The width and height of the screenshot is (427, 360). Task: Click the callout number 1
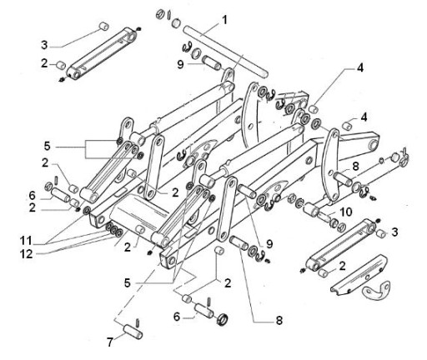pos(224,20)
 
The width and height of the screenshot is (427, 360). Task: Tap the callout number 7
pos(110,342)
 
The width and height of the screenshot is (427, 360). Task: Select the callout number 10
pos(346,212)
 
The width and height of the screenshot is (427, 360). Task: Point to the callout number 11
pos(26,241)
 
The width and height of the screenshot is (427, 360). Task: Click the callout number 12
pos(27,254)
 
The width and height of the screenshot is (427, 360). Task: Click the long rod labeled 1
pos(225,52)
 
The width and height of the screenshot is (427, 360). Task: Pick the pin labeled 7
pos(133,332)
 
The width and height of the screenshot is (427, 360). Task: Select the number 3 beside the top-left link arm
pos(44,45)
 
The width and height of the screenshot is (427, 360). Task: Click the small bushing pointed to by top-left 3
pos(104,27)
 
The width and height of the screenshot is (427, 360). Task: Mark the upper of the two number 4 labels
pos(360,67)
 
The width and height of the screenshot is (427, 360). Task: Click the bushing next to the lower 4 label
pos(347,126)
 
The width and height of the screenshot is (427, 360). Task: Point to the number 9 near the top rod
pos(181,65)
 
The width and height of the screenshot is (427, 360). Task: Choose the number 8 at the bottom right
pos(279,320)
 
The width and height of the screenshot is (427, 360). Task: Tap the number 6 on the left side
pos(33,196)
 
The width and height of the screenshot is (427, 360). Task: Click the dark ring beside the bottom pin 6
pos(222,319)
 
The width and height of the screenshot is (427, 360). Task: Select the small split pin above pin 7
pos(138,323)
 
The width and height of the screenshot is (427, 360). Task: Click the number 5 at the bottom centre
pos(128,283)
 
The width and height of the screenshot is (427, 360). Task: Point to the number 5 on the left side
pos(48,146)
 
